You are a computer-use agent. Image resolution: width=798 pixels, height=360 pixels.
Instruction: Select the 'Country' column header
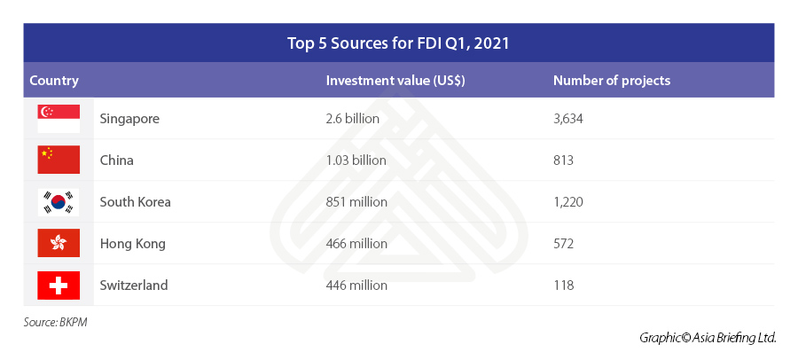54,81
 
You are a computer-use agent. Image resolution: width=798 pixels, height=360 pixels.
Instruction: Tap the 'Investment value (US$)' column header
395,81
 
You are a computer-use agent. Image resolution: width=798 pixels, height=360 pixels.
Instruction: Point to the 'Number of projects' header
612,81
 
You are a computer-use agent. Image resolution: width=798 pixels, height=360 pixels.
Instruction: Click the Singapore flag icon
59,118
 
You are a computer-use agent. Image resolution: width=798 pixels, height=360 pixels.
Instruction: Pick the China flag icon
59,160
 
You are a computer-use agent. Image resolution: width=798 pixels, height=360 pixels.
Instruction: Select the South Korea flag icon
59,202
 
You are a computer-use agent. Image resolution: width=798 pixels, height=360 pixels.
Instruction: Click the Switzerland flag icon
59,286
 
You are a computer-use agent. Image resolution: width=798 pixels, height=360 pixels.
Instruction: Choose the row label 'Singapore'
129,118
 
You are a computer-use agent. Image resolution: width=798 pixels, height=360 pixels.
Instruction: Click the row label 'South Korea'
136,202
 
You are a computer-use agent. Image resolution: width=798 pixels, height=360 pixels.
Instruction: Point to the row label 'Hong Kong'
133,244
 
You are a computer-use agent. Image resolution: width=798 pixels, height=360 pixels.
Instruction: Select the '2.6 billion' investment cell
353,118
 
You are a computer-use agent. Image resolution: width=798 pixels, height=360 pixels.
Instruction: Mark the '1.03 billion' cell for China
356,160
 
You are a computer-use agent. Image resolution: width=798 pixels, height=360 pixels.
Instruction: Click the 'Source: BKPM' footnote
56,322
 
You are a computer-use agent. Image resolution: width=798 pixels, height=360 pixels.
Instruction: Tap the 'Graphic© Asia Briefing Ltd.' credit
708,338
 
